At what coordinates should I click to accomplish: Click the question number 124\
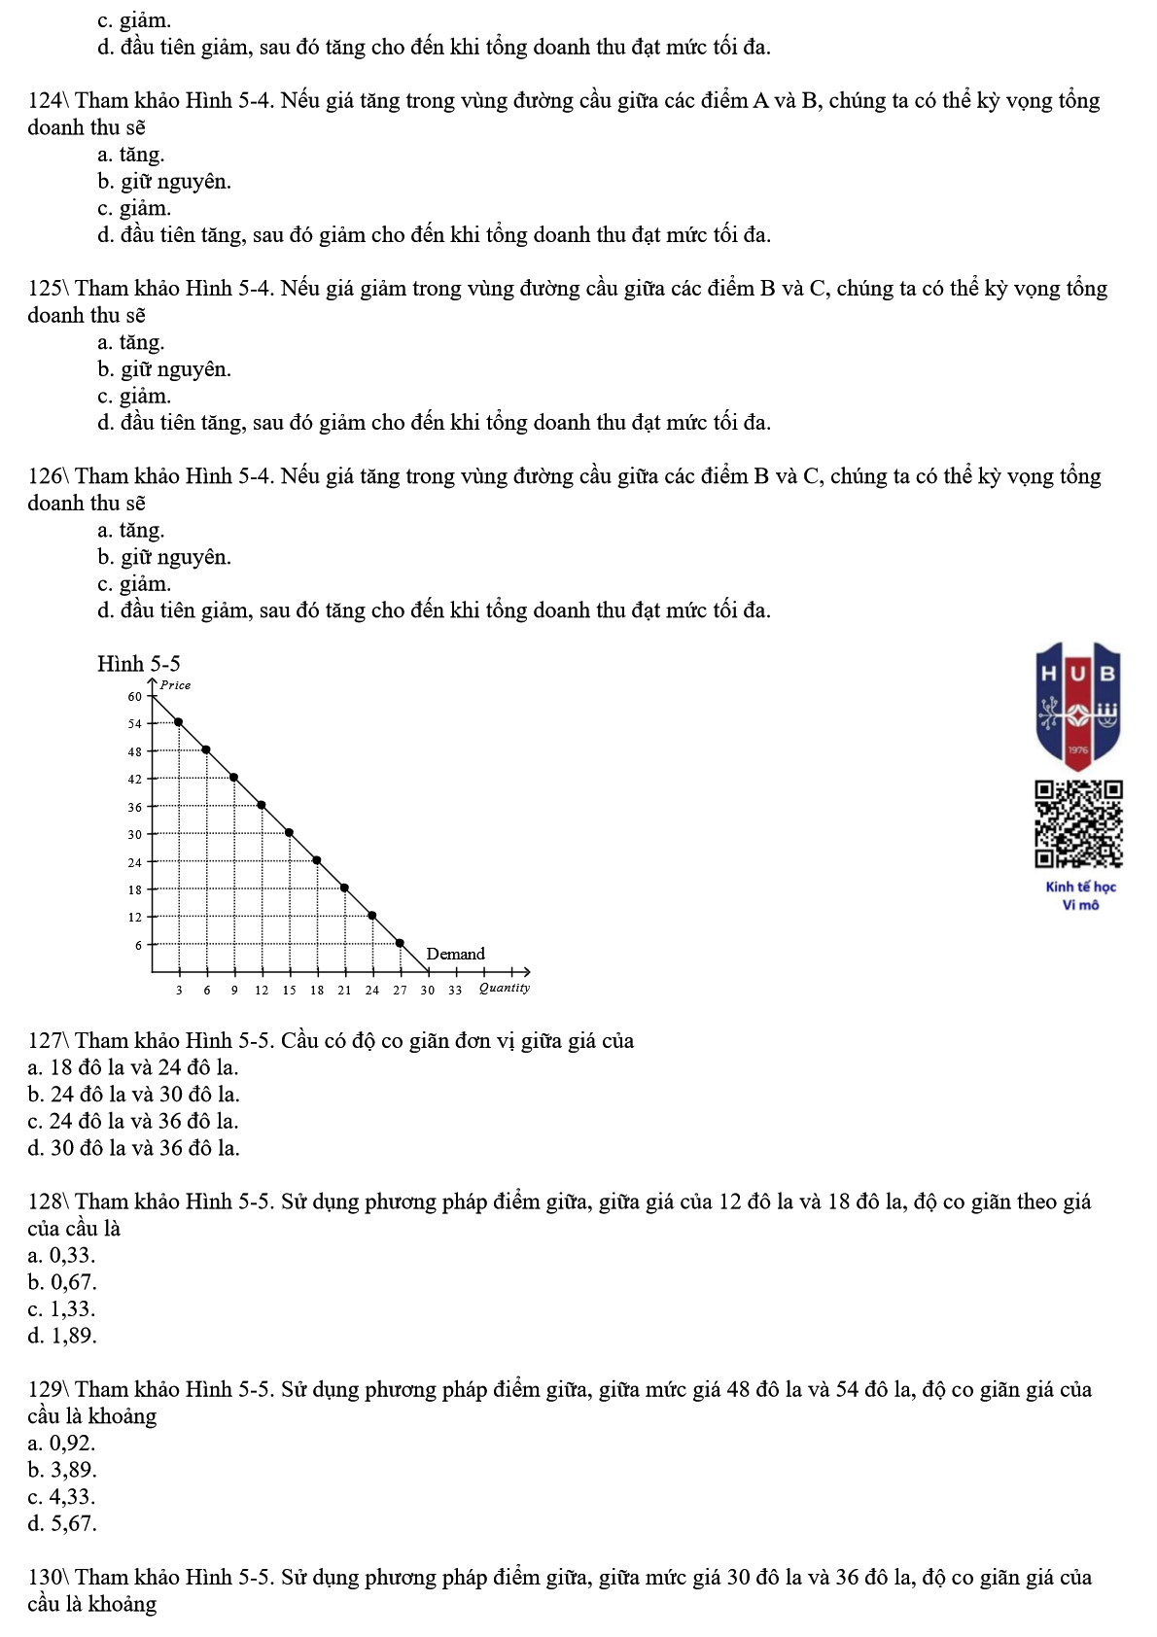[48, 101]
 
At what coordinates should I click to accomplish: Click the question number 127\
[48, 1041]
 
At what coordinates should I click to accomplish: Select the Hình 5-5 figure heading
[138, 664]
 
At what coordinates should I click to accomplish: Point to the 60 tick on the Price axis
[134, 696]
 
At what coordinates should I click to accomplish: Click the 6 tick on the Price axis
[138, 945]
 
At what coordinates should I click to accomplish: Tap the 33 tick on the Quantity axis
[455, 991]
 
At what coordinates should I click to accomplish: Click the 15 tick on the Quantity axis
[289, 991]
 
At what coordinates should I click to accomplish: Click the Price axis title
[175, 685]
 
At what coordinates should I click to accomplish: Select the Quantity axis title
[504, 988]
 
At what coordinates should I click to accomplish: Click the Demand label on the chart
[455, 954]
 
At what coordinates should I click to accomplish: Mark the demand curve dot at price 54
[178, 722]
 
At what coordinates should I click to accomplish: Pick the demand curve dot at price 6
[400, 943]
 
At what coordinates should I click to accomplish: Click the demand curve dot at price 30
[289, 833]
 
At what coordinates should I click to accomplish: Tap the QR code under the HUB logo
[1078, 823]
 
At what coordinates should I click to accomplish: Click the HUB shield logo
[1078, 705]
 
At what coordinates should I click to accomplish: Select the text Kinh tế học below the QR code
[1080, 887]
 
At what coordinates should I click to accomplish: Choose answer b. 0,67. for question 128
[62, 1282]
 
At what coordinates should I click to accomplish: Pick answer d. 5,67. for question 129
[62, 1523]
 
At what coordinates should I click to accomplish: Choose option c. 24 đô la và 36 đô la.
[133, 1121]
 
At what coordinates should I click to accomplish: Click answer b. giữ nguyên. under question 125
[163, 369]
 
